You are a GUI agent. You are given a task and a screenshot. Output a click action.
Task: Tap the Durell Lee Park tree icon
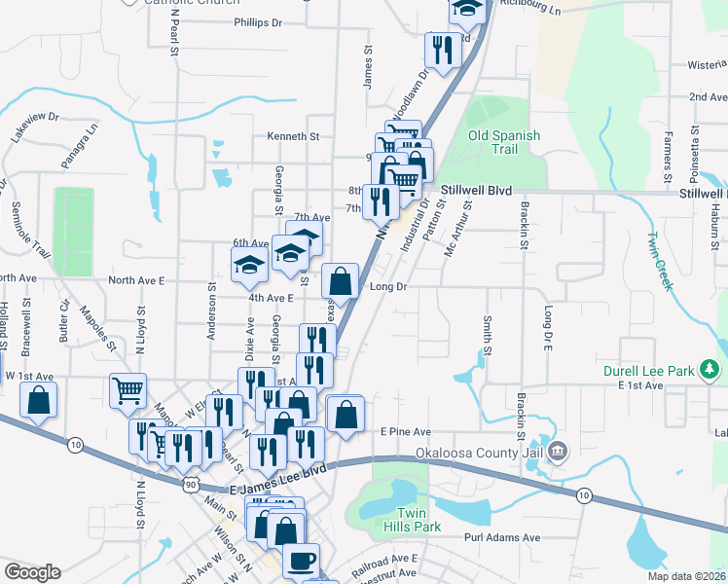pyautogui.click(x=711, y=369)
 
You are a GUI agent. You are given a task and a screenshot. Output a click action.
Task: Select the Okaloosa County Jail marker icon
pyautogui.click(x=558, y=451)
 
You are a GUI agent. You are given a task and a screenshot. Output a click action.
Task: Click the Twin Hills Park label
pyautogui.click(x=419, y=520)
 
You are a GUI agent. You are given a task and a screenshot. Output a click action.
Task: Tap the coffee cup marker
pyautogui.click(x=300, y=561)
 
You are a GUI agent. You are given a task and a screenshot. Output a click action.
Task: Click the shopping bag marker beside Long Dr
pyautogui.click(x=340, y=281)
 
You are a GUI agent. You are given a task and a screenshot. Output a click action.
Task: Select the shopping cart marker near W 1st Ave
pyautogui.click(x=127, y=391)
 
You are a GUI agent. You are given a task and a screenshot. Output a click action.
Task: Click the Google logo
pyautogui.click(x=32, y=571)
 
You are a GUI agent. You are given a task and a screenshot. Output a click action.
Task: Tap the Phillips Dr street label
pyautogui.click(x=257, y=21)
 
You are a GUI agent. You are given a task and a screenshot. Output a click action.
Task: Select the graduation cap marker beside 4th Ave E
pyautogui.click(x=249, y=264)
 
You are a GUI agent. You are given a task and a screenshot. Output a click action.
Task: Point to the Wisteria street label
pyautogui.click(x=708, y=64)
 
